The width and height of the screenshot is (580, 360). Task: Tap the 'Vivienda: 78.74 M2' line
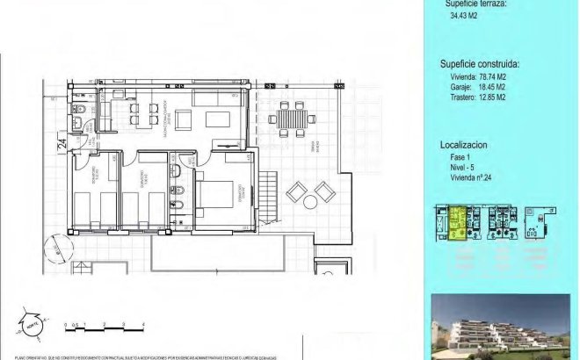(x=478, y=77)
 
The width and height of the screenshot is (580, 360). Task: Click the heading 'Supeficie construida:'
(x=479, y=64)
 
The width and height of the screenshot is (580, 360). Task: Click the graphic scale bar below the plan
(x=105, y=331)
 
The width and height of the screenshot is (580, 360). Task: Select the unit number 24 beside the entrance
(x=62, y=145)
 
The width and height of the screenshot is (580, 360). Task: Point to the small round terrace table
(x=310, y=202)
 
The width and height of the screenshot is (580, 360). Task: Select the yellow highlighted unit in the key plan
(x=456, y=224)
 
